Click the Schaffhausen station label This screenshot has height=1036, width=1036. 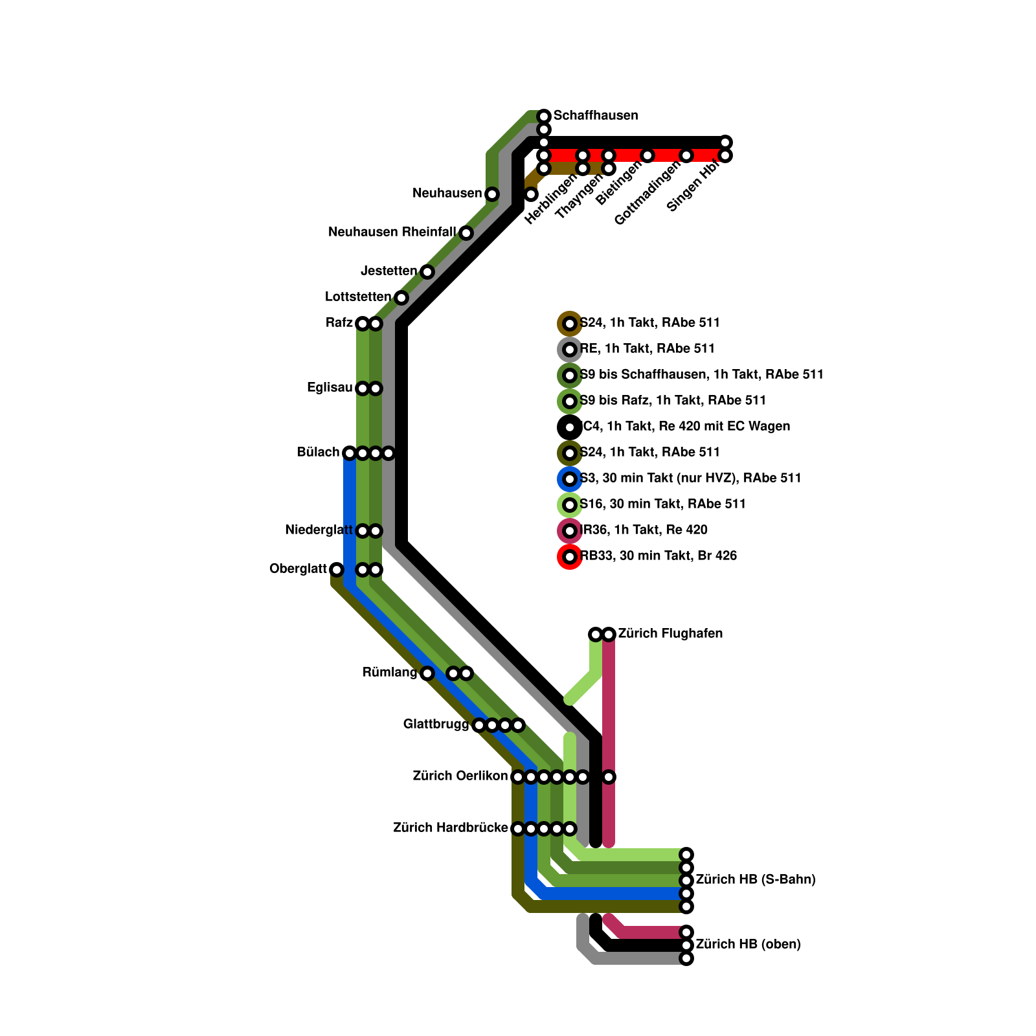(x=596, y=116)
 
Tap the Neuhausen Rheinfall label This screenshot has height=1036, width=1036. (x=392, y=232)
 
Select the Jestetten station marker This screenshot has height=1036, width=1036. (x=427, y=272)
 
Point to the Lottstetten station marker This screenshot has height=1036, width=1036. (x=401, y=298)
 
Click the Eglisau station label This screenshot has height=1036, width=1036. (x=330, y=388)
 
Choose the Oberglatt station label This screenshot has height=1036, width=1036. (x=298, y=570)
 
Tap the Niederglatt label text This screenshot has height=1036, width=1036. (x=319, y=531)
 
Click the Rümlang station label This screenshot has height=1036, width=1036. (x=390, y=673)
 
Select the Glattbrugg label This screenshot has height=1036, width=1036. (x=436, y=725)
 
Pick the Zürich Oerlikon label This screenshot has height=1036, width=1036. (x=460, y=776)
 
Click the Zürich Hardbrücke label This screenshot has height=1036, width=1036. (x=451, y=828)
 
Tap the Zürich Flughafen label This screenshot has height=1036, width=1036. (x=670, y=634)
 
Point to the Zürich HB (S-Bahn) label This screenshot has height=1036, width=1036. (x=755, y=880)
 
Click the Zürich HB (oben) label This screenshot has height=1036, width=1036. (x=748, y=945)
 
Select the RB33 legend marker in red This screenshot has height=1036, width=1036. (x=570, y=557)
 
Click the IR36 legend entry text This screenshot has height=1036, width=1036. (x=644, y=530)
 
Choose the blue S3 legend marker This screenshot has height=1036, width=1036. (x=570, y=479)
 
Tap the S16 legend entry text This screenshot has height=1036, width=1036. (x=662, y=504)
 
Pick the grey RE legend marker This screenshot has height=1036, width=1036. (x=570, y=350)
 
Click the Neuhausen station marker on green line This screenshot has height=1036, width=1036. (x=492, y=194)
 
